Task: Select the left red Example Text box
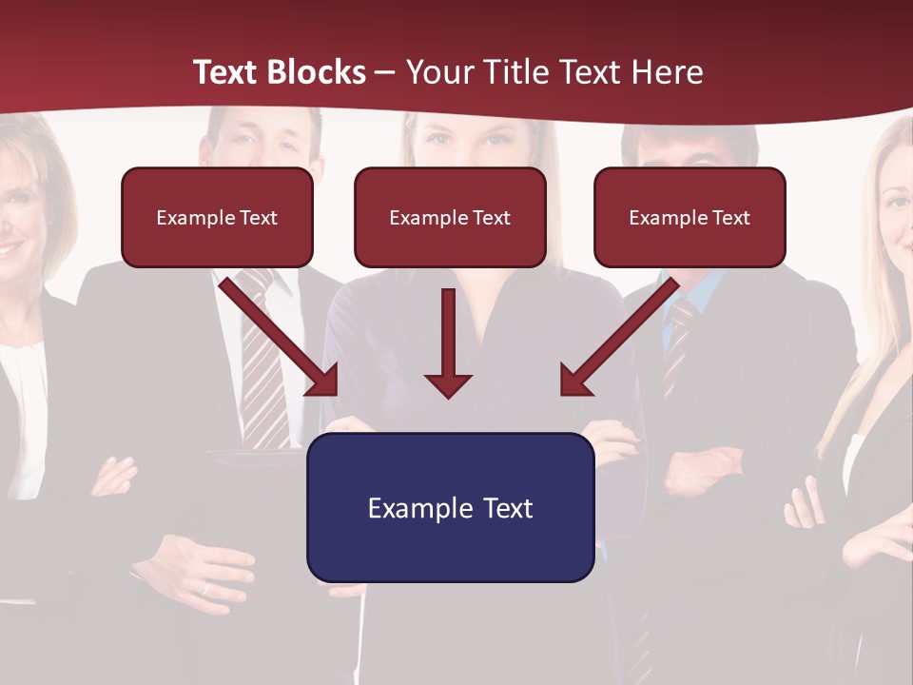217,218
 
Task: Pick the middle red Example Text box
450,218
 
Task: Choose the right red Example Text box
690,218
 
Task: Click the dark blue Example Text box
450,507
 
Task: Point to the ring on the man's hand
205,589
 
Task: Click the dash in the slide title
385,73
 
